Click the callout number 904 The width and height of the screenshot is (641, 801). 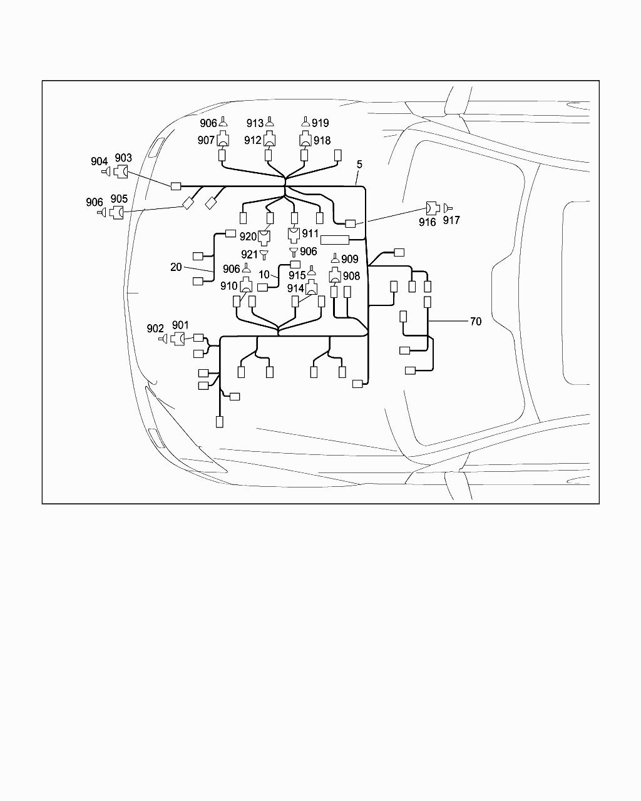(99, 161)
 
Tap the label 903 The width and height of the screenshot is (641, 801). (123, 158)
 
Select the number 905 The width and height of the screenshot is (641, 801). (119, 199)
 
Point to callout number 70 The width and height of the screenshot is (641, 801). (476, 321)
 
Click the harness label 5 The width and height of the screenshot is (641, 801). (359, 165)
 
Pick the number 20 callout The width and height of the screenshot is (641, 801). (176, 267)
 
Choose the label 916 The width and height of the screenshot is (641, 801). (428, 222)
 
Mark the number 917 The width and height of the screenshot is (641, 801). (451, 220)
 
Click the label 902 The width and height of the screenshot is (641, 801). (155, 329)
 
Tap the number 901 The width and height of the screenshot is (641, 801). (180, 325)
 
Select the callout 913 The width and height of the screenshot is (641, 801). (255, 123)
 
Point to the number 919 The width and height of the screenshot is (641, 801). (320, 123)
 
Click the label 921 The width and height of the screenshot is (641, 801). (249, 254)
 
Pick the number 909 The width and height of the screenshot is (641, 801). (350, 259)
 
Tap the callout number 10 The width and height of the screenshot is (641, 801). (264, 275)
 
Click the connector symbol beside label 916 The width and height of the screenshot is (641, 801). (432, 208)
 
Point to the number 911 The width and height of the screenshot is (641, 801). (310, 233)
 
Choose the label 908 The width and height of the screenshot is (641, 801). (352, 275)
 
